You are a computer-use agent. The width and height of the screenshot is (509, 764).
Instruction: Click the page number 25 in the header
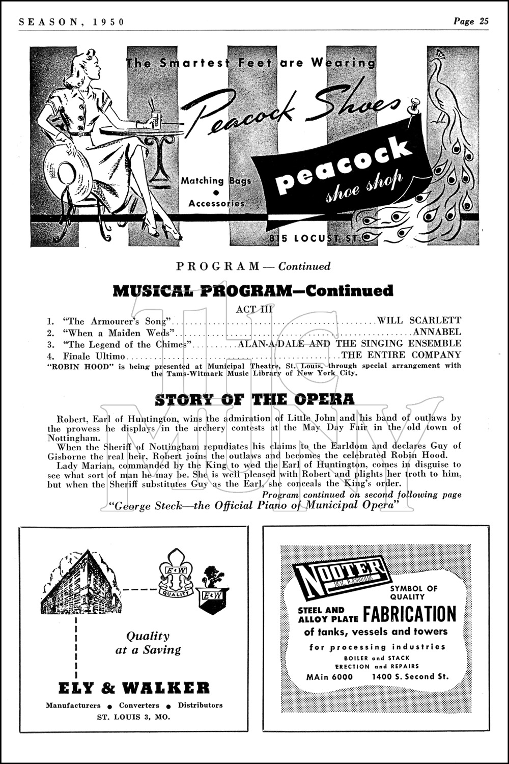(483, 21)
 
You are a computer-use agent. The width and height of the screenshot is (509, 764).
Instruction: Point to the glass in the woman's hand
(156, 120)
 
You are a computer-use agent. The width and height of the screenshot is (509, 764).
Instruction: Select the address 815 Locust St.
(315, 238)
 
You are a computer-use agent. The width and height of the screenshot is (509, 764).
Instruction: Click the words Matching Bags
(216, 180)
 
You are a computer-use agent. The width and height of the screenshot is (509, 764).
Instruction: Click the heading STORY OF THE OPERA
(254, 399)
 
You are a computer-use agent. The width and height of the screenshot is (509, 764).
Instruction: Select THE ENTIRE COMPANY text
(401, 355)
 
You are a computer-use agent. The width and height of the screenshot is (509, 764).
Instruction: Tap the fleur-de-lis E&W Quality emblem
(176, 573)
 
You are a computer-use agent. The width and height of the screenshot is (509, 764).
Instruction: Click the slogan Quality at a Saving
(148, 643)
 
